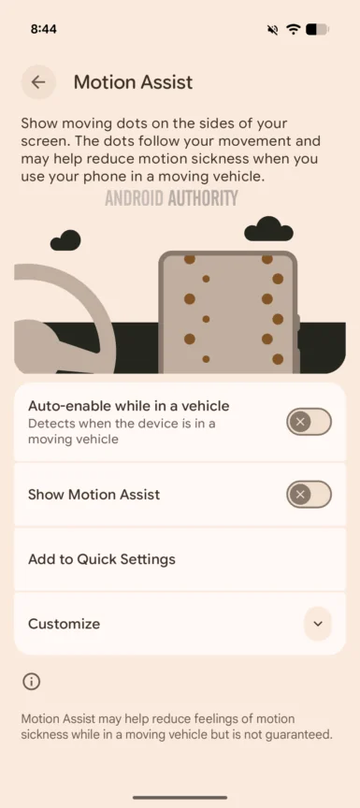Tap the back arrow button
pyautogui.click(x=38, y=82)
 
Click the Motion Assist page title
pyautogui.click(x=133, y=82)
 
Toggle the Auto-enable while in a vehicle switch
pyautogui.click(x=309, y=422)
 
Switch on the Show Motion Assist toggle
pyautogui.click(x=309, y=494)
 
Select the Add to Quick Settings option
pyautogui.click(x=102, y=559)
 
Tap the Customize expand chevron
pyautogui.click(x=318, y=623)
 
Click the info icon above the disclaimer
pyautogui.click(x=31, y=682)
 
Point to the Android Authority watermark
pyautogui.click(x=171, y=198)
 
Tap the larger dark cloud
pyautogui.click(x=268, y=229)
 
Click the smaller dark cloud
pyautogui.click(x=65, y=241)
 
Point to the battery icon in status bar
pyautogui.click(x=317, y=29)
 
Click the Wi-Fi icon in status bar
pyautogui.click(x=294, y=29)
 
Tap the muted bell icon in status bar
pyautogui.click(x=272, y=29)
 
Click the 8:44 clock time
pyautogui.click(x=43, y=29)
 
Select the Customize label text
pyautogui.click(x=64, y=624)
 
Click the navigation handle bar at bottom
pyautogui.click(x=180, y=797)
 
